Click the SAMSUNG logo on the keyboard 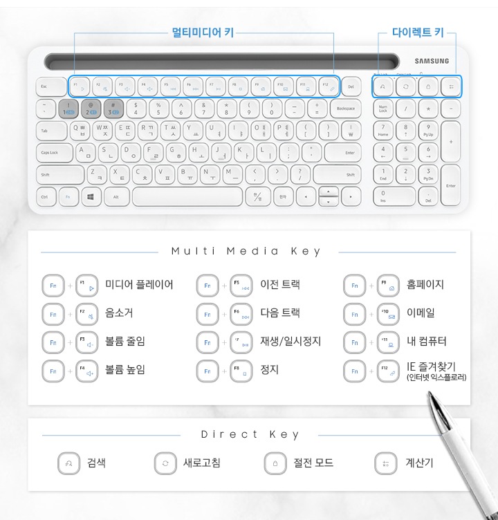click(x=432, y=61)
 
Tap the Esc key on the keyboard click(x=44, y=86)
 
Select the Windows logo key click(x=91, y=196)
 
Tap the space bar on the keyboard click(x=187, y=196)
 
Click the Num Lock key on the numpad click(x=383, y=109)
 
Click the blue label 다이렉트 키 click(x=413, y=32)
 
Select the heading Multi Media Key click(x=246, y=252)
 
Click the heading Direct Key click(x=250, y=435)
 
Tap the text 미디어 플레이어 click(x=139, y=285)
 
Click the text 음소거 click(x=119, y=313)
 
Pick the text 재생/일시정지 click(x=290, y=342)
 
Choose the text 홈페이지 click(x=425, y=285)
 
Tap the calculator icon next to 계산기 click(x=385, y=463)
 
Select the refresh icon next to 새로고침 click(x=165, y=463)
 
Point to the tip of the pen click(x=430, y=395)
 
